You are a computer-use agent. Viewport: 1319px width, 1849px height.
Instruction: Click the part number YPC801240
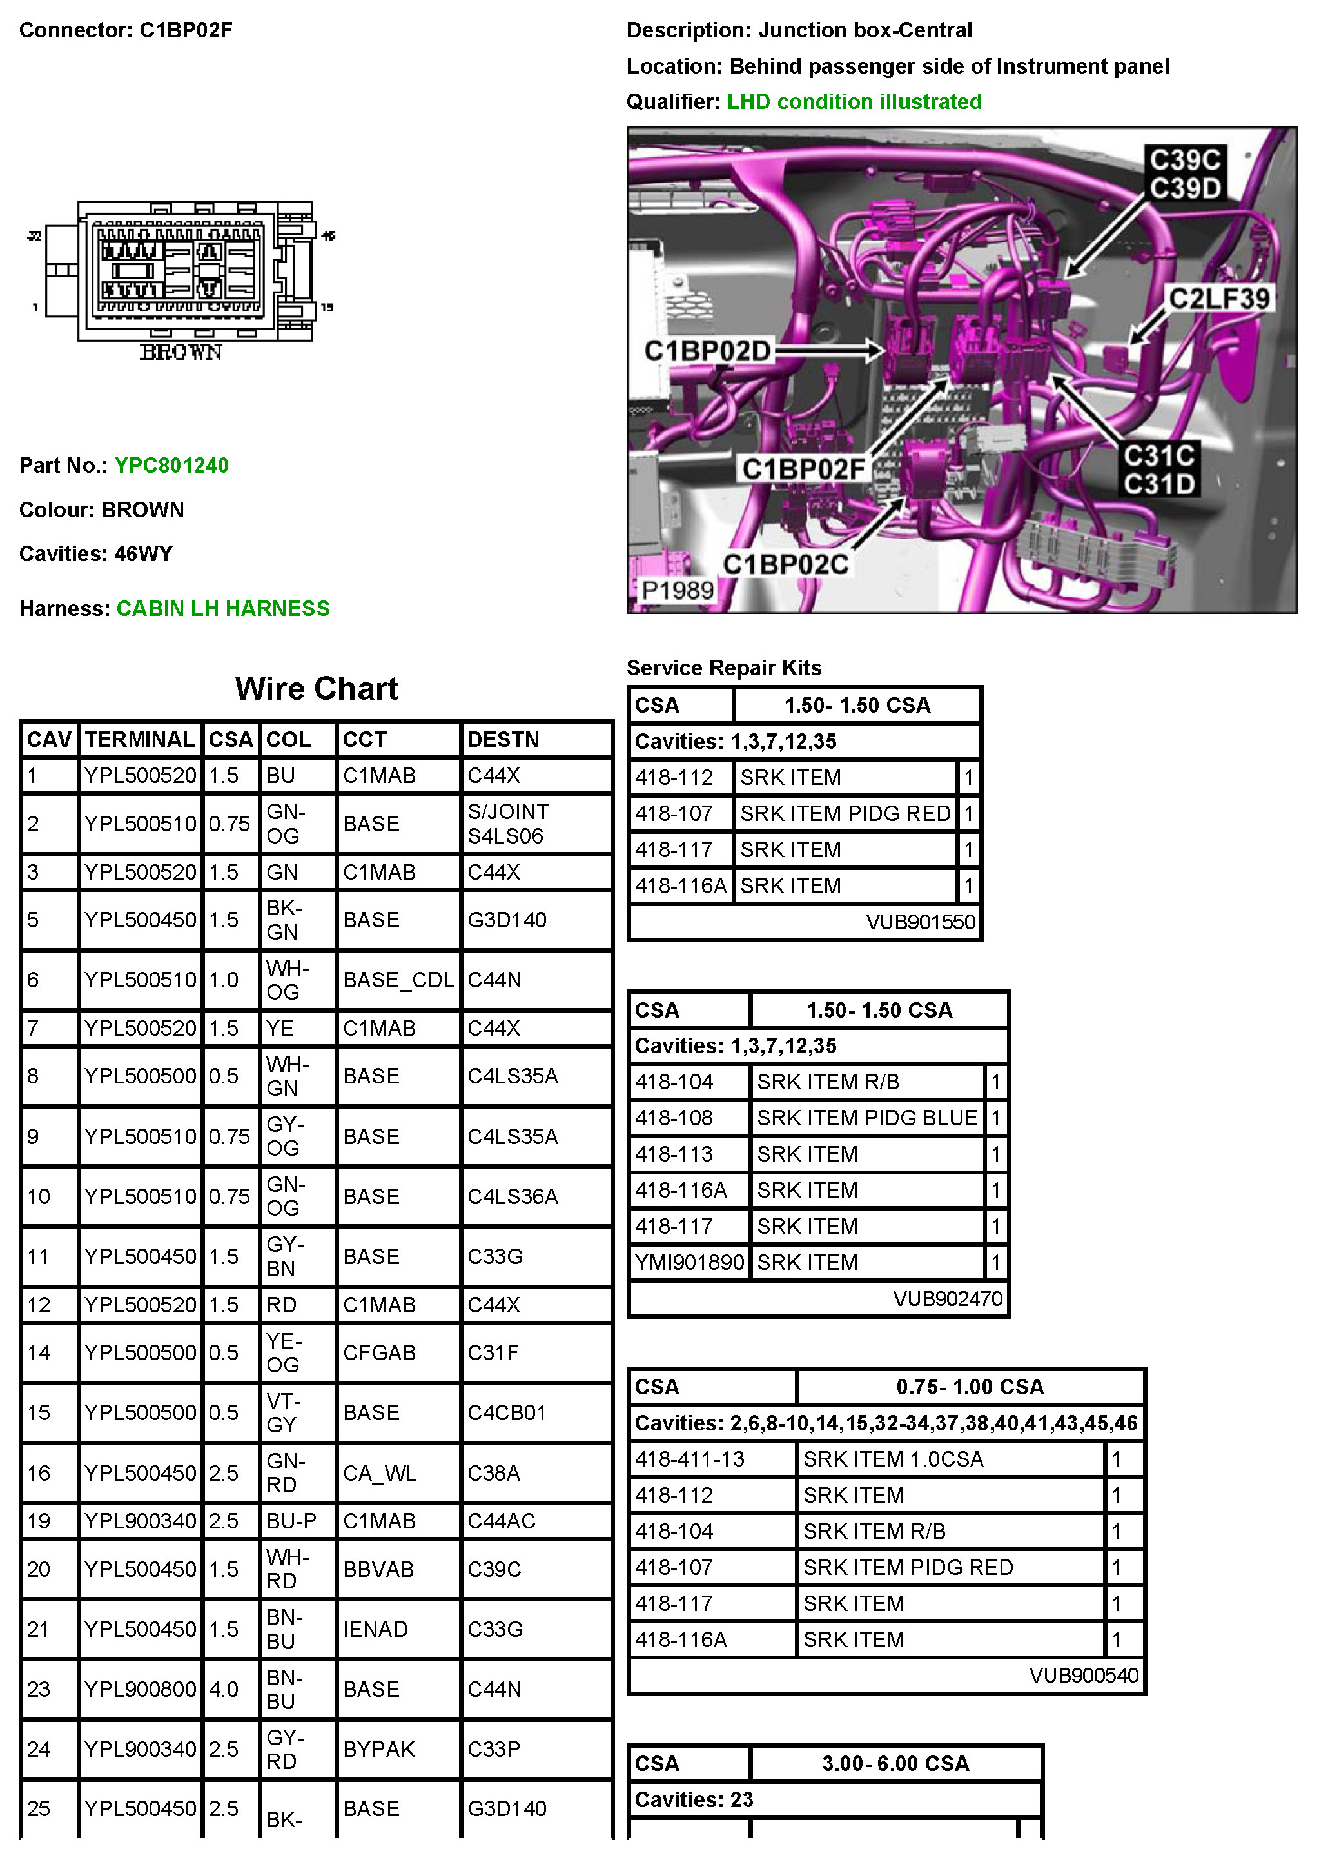point(171,466)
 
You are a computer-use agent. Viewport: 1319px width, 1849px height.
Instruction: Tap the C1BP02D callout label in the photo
point(707,351)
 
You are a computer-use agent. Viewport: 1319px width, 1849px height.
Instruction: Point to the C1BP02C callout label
point(785,564)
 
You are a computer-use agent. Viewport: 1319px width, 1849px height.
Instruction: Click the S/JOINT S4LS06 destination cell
point(509,823)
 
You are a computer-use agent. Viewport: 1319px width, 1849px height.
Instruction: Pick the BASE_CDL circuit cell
point(397,980)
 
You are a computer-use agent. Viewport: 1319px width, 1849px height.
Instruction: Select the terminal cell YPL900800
point(140,1689)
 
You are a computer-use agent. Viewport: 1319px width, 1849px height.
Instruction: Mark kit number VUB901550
point(920,922)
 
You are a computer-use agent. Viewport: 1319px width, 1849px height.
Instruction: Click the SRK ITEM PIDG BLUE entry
point(866,1118)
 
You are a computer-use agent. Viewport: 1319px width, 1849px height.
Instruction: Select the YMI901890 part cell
point(689,1263)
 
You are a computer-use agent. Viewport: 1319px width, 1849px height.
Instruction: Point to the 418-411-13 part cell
point(690,1459)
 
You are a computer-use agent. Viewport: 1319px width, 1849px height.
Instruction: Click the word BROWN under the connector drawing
point(181,351)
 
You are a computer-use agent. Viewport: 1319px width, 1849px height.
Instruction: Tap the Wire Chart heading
point(316,689)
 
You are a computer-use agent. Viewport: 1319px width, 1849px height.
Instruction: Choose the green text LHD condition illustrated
point(854,101)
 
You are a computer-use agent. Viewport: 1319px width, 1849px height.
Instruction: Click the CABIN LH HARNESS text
point(222,608)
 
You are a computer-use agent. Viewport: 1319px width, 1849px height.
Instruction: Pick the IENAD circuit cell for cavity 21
point(375,1629)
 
